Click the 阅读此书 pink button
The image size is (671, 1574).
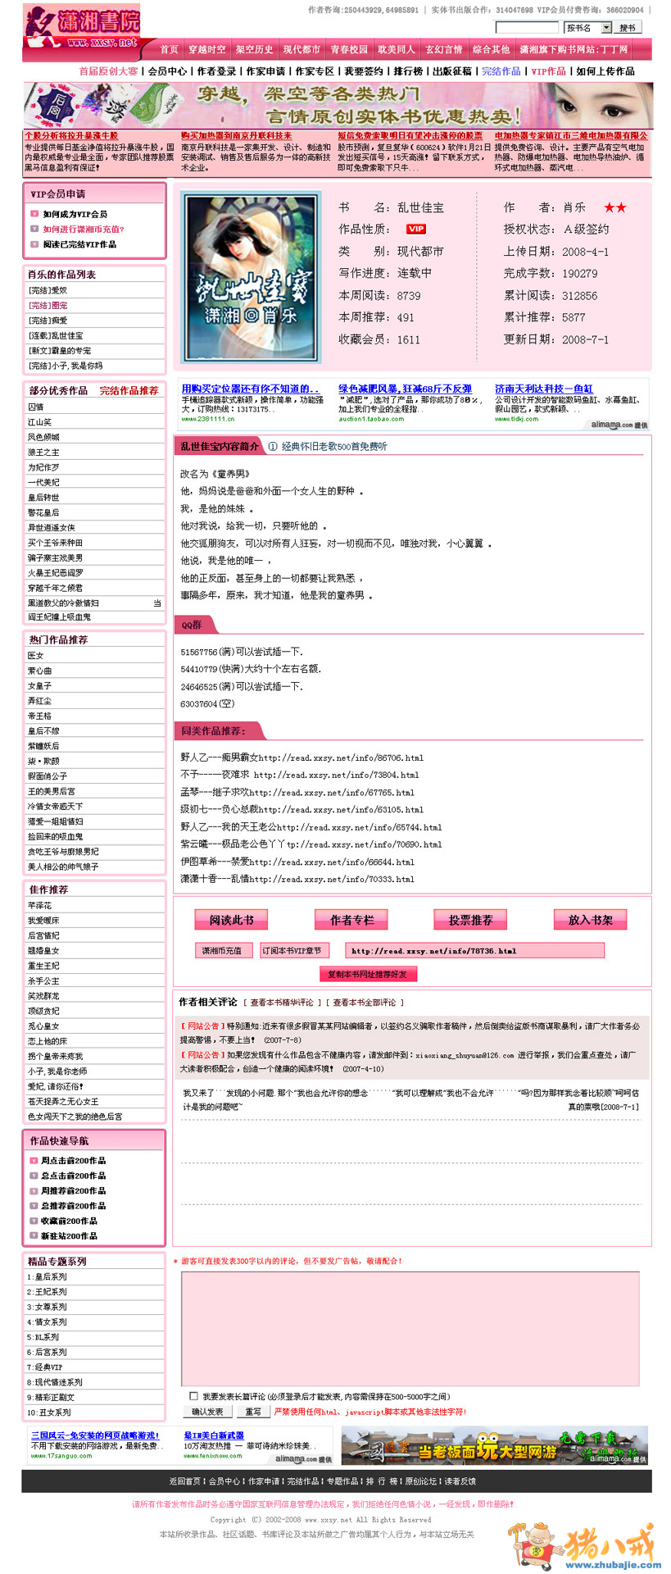(231, 920)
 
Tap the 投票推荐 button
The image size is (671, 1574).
(470, 920)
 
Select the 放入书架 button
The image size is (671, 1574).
(590, 920)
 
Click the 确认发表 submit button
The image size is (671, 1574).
(207, 1412)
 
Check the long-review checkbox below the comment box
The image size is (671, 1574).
(194, 1396)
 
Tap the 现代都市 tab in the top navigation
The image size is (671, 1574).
(301, 49)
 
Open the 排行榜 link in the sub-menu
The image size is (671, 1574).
(408, 71)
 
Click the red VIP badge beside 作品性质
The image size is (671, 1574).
(416, 230)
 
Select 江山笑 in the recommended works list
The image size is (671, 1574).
(40, 422)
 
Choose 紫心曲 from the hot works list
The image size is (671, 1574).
(40, 671)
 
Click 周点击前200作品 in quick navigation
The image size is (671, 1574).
(74, 1160)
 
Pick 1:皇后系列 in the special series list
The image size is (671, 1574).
(48, 1276)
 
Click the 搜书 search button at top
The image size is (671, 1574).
(628, 28)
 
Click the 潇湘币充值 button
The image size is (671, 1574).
(222, 950)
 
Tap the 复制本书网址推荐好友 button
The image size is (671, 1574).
(367, 974)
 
